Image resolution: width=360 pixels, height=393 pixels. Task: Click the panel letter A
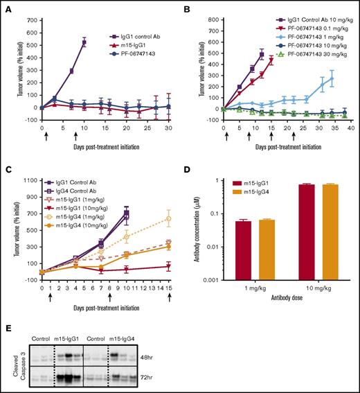click(6, 6)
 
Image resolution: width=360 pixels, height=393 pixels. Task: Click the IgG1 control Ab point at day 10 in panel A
click(84, 42)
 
